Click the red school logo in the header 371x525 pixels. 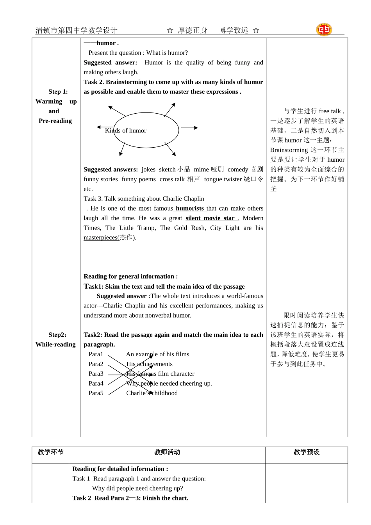[324, 30]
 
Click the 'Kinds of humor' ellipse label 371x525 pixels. [125, 131]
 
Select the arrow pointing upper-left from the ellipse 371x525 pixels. [116, 111]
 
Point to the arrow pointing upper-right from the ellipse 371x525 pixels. [170, 110]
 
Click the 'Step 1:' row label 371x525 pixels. [58, 92]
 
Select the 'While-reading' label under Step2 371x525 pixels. [55, 345]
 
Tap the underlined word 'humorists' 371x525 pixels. [189, 209]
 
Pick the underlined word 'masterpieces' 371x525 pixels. [101, 238]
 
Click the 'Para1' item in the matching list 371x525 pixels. [96, 354]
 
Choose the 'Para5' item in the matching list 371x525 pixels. [96, 393]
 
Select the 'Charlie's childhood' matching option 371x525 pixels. [152, 393]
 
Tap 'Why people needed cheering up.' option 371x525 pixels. [169, 384]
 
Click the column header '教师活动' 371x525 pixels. [167, 452]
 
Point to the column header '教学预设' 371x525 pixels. [307, 452]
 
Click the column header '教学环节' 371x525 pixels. [50, 452]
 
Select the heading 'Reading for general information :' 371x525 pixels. [130, 277]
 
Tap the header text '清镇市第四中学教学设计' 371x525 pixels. [77, 30]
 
